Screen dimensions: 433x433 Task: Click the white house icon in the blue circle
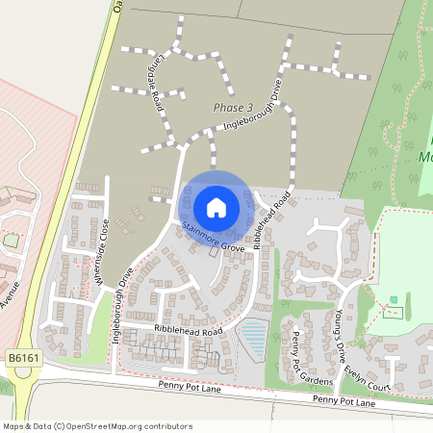click(x=216, y=207)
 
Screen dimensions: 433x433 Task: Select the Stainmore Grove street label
click(x=211, y=237)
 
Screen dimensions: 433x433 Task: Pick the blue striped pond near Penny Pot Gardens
click(x=252, y=339)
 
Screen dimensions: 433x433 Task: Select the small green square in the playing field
click(x=392, y=301)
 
